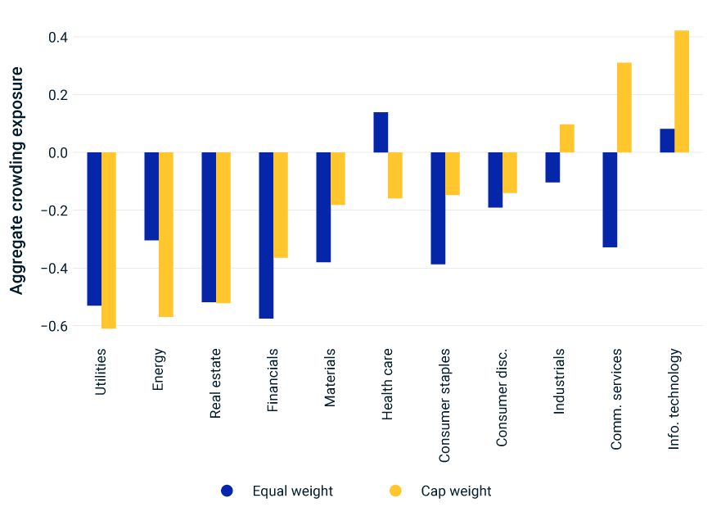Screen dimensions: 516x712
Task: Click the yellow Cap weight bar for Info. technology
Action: pos(682,92)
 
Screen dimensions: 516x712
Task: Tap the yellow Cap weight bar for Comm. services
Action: pos(624,107)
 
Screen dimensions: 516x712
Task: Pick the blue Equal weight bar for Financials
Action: pos(266,235)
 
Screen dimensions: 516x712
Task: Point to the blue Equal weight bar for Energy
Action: pos(151,197)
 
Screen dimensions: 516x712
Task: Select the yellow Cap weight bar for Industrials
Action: pos(567,138)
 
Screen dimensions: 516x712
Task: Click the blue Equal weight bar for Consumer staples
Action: pos(438,208)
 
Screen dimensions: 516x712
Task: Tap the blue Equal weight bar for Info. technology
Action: pos(667,141)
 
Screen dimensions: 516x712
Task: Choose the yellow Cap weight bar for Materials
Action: pos(338,179)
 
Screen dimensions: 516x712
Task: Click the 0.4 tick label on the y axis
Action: pos(57,38)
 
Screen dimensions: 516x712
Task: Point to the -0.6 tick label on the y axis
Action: pos(54,326)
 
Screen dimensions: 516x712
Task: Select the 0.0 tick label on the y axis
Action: pos(57,153)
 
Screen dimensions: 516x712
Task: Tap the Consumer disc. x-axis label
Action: pos(502,397)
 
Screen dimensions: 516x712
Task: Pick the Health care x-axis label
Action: pos(388,384)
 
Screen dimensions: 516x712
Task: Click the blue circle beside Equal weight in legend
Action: pos(228,491)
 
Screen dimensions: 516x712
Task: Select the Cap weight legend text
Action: pos(456,491)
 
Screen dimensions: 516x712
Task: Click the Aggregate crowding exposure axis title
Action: pos(17,180)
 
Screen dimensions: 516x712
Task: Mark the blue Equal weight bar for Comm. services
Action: pos(610,200)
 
